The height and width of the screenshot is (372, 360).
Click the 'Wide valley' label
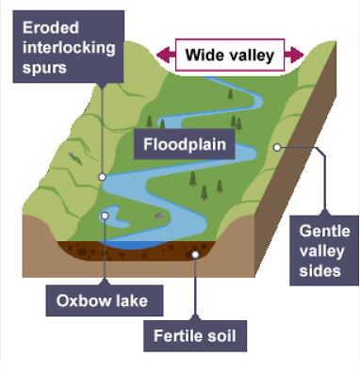pyautogui.click(x=230, y=56)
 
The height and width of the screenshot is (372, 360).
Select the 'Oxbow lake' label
pyautogui.click(x=104, y=302)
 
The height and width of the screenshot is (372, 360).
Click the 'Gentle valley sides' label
pyautogui.click(x=324, y=250)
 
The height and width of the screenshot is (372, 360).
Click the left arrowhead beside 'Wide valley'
pyautogui.click(x=166, y=56)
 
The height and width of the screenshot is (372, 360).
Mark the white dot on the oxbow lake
pyautogui.click(x=105, y=215)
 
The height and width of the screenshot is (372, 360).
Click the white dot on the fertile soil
pyautogui.click(x=196, y=252)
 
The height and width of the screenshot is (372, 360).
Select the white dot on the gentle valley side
pyautogui.click(x=279, y=147)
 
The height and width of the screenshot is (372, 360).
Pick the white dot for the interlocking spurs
pyautogui.click(x=102, y=176)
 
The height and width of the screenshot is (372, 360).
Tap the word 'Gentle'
pyautogui.click(x=325, y=231)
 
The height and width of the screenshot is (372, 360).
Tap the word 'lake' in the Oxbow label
pyautogui.click(x=133, y=302)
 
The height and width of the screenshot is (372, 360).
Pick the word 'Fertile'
pyautogui.click(x=178, y=334)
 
